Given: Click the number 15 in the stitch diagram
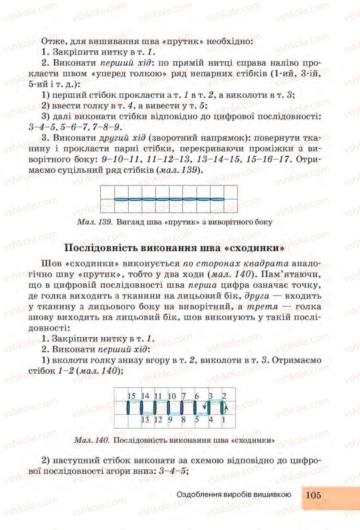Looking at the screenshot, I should [131, 396].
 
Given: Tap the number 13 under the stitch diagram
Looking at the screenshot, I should [145, 420].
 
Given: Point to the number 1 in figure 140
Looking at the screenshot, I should [224, 420].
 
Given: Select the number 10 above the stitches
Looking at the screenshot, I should [172, 396].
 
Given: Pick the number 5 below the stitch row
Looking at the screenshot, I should [197, 420].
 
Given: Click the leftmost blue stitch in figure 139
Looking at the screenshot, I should [121, 199].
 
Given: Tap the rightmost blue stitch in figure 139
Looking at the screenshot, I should [217, 199].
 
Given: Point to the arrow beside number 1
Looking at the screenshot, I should [227, 408].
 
